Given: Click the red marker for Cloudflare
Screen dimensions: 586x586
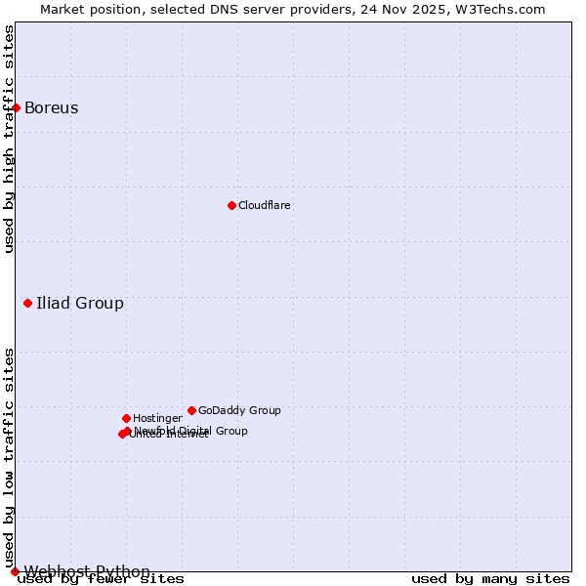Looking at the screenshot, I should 231,205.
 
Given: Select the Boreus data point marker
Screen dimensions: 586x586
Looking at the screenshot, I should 17,107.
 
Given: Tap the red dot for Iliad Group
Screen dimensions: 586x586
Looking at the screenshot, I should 27,303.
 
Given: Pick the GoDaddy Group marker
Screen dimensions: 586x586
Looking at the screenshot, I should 191,410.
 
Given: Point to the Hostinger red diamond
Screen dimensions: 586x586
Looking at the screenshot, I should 126,418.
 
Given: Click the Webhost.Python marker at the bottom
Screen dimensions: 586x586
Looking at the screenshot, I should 15,571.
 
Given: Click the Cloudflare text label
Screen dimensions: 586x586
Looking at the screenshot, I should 264,205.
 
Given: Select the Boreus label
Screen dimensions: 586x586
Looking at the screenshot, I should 51,107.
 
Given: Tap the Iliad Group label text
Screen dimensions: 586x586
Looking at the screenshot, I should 80,303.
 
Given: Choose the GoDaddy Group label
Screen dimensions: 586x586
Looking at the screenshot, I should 239,410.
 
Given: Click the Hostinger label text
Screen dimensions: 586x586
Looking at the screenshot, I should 157,418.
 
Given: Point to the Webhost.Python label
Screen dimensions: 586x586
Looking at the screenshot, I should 87,571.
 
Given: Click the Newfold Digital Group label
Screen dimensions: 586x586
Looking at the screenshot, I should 191,431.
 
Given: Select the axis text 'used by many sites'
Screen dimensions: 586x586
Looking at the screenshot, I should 490,579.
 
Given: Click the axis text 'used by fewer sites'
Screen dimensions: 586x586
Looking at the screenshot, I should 101,579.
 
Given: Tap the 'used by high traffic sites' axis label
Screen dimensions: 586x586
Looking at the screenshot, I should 10,139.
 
